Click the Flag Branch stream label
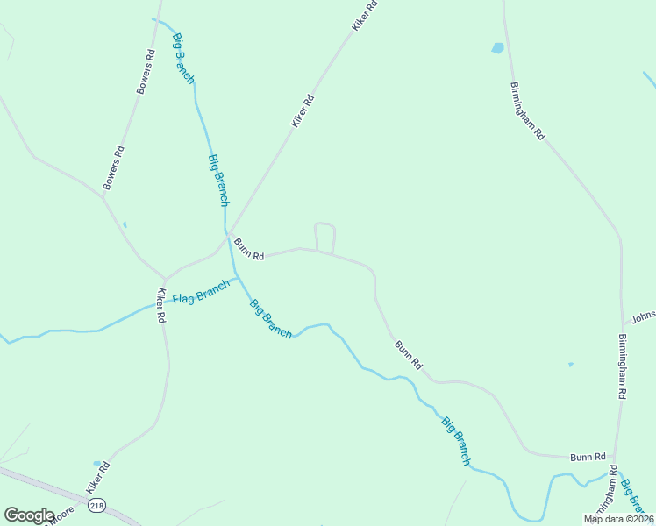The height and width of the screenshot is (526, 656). coord(201,292)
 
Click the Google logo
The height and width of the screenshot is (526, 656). coord(29,515)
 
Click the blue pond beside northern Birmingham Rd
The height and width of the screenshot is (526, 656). coord(498,48)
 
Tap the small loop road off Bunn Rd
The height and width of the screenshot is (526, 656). coord(324,237)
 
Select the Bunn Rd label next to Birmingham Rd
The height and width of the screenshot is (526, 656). coord(588,457)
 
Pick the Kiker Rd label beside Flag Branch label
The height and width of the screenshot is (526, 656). coord(160,306)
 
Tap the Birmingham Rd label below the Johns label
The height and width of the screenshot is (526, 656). coord(622,366)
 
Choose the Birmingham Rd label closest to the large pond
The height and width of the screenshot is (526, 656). coord(527,111)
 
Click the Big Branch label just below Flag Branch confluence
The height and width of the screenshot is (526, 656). coord(271,319)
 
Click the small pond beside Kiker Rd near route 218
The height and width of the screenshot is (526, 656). coord(96,463)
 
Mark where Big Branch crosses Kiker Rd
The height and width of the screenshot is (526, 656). coord(228,231)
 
